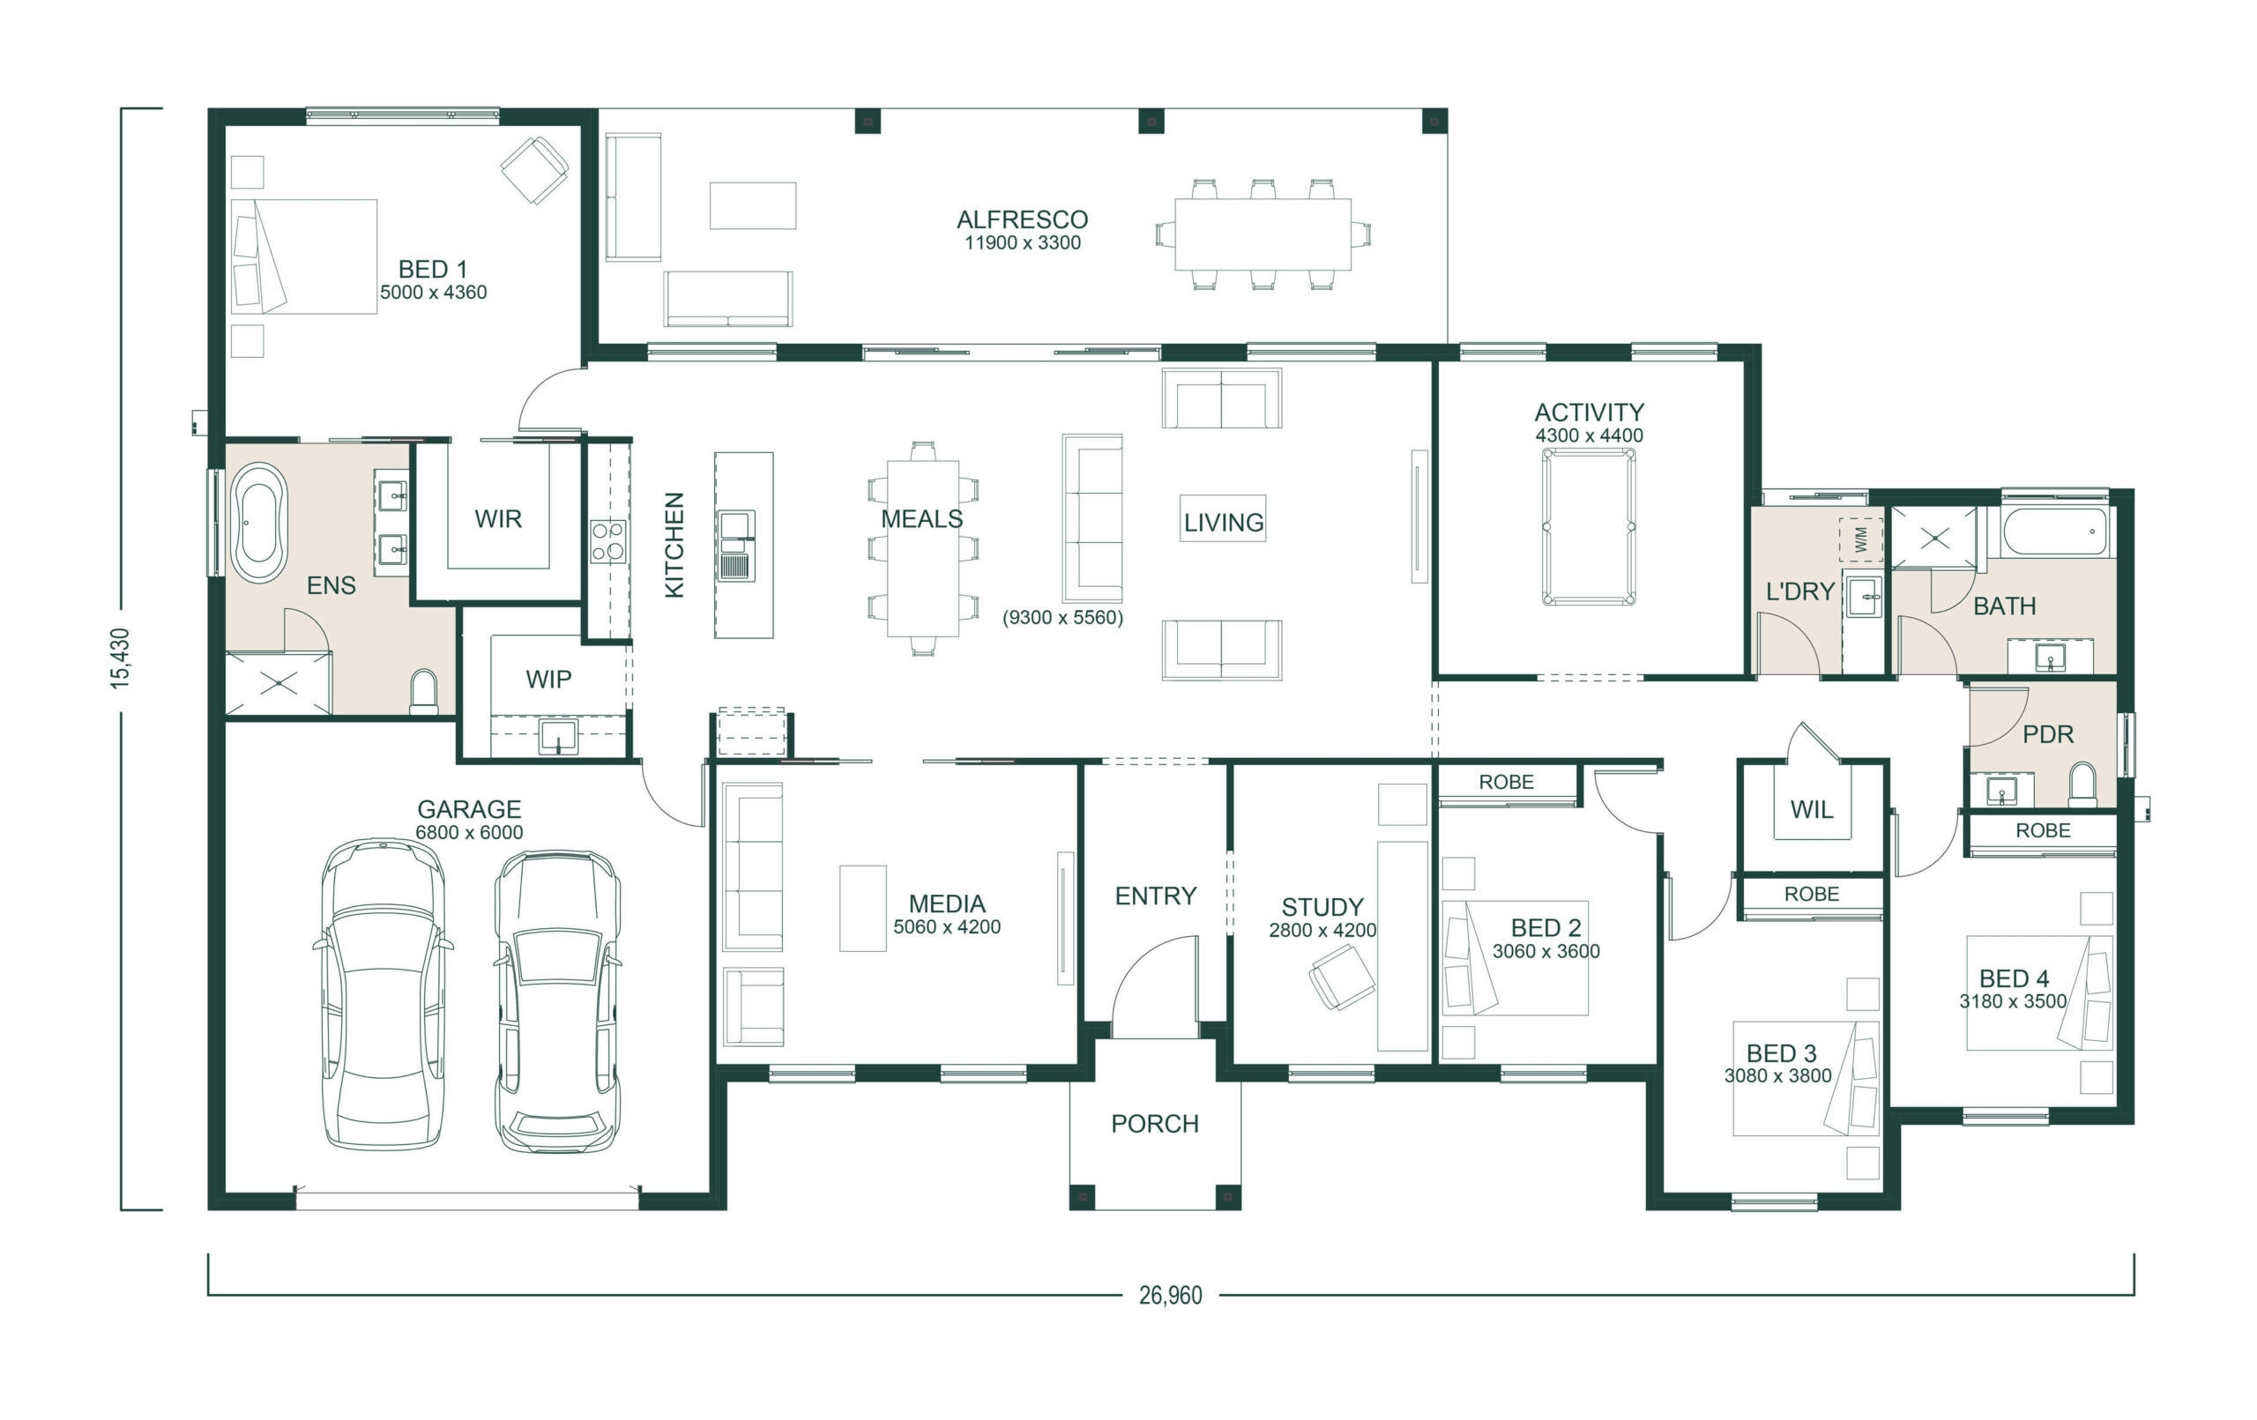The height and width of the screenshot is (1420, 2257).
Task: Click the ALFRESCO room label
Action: pos(1022,219)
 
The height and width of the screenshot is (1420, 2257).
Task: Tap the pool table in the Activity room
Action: pos(1589,526)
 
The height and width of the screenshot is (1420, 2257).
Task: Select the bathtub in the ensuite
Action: pos(259,523)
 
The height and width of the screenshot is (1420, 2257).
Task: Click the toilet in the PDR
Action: pos(2082,785)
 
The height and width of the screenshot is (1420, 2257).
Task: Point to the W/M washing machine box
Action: pos(1860,539)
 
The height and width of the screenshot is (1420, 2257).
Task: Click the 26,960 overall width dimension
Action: pos(1170,1296)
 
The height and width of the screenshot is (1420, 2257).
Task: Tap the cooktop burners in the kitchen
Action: pos(607,542)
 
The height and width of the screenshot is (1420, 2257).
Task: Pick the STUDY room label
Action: pos(1322,907)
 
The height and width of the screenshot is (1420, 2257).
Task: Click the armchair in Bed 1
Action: pos(534,169)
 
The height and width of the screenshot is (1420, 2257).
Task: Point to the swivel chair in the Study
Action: pos(1341,977)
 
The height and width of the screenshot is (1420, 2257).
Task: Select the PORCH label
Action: pos(1155,1124)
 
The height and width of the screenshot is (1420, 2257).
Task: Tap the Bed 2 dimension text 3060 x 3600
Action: pos(1546,951)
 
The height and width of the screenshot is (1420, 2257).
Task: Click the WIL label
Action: pos(1811,810)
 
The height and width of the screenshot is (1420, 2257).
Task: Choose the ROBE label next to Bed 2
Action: pos(1506,782)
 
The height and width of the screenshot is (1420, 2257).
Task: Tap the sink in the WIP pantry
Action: pos(559,738)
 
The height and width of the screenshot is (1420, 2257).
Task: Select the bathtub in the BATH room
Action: pos(2054,532)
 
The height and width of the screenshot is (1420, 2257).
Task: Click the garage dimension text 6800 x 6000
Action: pos(469,832)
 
